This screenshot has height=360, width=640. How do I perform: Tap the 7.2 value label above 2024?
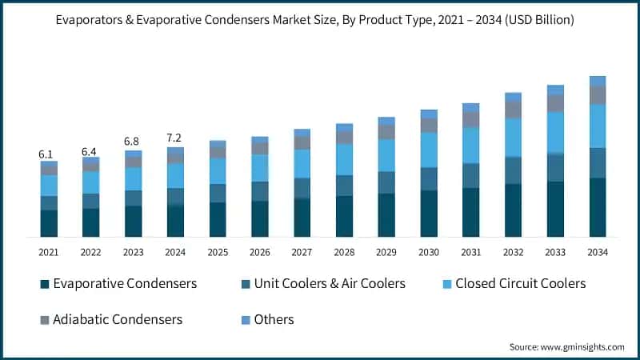(175, 138)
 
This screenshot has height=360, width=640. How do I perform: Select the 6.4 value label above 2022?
(90, 150)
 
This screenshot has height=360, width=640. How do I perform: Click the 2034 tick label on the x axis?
(597, 252)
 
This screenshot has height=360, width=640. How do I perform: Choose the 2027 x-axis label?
(302, 252)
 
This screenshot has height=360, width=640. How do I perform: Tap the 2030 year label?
(428, 252)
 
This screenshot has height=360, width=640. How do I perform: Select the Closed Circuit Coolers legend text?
(521, 283)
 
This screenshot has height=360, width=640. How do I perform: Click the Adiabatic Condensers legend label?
(118, 319)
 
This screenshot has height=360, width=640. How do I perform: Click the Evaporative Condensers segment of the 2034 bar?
(597, 207)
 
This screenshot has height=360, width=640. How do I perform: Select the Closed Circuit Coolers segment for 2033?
(555, 132)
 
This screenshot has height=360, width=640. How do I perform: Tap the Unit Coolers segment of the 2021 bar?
(49, 203)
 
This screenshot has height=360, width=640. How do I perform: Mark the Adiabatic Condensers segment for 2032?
(513, 110)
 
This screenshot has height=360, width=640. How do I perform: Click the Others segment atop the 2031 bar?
(470, 107)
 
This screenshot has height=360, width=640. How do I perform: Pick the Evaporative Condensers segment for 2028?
(344, 216)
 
